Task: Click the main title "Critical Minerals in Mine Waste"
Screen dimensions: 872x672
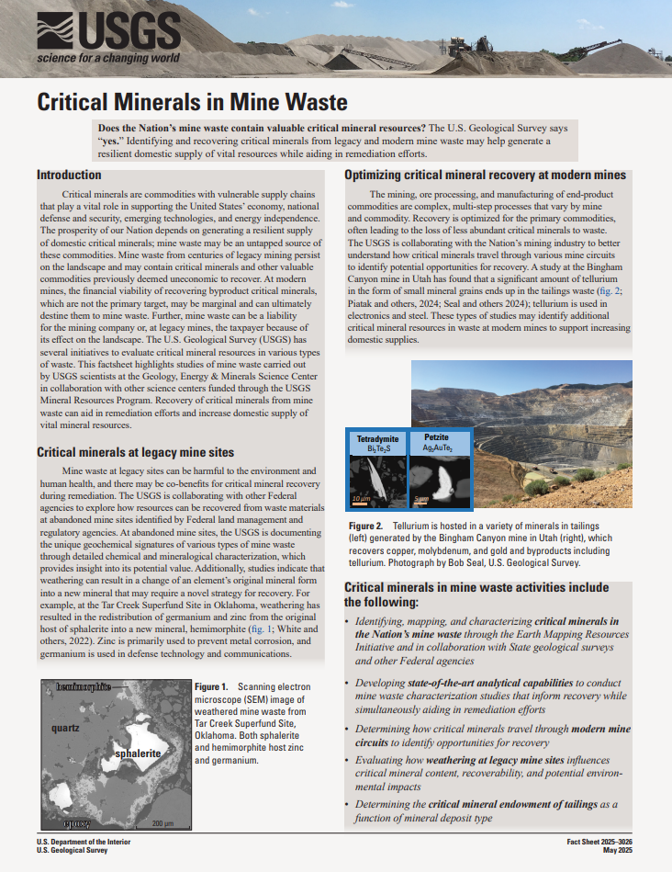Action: [x=192, y=101]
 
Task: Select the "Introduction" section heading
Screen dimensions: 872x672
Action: [x=69, y=175]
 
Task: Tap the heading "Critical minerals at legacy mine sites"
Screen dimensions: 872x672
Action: [x=135, y=452]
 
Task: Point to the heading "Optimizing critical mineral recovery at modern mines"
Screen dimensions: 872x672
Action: [x=485, y=175]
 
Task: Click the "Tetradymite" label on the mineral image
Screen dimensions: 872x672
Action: [x=377, y=439]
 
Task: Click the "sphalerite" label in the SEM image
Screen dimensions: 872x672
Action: [x=139, y=753]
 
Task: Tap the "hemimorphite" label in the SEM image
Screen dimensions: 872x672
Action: [x=84, y=686]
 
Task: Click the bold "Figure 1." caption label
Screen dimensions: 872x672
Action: [x=211, y=687]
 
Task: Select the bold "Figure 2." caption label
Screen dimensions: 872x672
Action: [x=368, y=525]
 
